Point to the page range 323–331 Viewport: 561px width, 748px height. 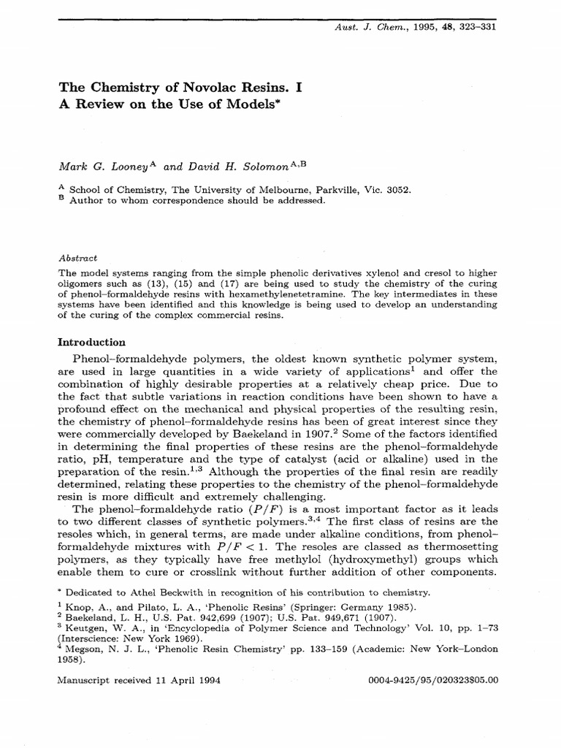coord(475,26)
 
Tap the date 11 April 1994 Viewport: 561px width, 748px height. coord(188,679)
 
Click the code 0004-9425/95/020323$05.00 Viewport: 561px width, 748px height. coord(435,679)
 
